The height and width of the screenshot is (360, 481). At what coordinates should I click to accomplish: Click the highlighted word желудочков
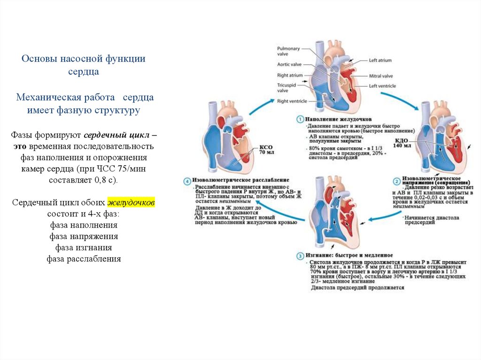[132, 203]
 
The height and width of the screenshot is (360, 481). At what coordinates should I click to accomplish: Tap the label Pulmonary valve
[287, 51]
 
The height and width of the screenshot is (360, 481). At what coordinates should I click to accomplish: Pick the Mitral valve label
[380, 76]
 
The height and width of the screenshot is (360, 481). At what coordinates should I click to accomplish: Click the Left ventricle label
[382, 86]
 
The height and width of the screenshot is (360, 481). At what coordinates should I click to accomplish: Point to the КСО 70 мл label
[266, 150]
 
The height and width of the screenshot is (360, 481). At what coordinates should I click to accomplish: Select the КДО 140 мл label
[402, 143]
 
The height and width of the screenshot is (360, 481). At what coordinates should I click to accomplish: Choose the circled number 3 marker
[300, 255]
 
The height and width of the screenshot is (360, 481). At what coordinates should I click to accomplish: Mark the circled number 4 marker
[187, 180]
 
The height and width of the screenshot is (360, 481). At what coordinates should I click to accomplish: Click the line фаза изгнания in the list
[84, 247]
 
